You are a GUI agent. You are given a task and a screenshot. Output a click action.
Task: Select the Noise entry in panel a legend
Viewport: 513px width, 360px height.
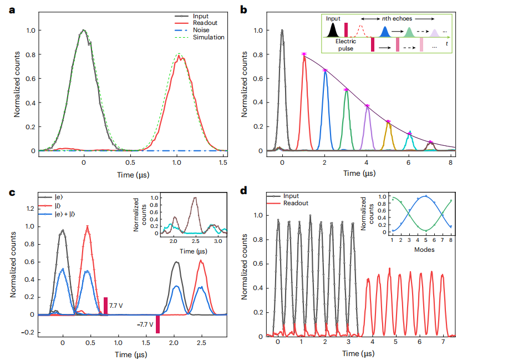click(201, 30)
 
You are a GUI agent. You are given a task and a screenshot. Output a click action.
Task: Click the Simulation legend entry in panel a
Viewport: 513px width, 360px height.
click(208, 37)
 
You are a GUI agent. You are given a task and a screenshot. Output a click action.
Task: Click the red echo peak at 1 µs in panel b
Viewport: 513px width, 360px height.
click(303, 54)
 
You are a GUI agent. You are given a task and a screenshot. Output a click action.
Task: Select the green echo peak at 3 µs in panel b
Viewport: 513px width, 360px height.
click(346, 90)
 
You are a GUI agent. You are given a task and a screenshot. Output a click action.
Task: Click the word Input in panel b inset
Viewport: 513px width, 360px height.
click(333, 19)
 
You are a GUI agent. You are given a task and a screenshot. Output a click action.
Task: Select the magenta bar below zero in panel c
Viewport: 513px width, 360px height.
click(158, 324)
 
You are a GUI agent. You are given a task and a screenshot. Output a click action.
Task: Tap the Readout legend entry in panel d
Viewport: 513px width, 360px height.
click(297, 203)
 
